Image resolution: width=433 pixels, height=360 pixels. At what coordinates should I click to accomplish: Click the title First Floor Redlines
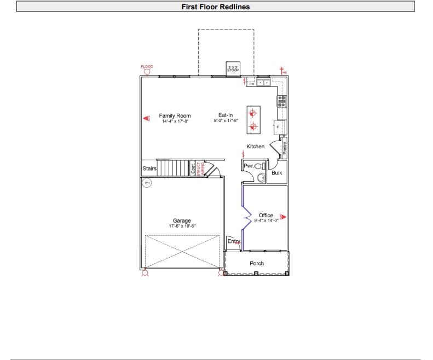(216, 7)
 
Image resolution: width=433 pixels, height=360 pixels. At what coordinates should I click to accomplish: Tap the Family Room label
(175, 115)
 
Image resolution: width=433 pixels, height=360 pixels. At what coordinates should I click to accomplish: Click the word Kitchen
(255, 147)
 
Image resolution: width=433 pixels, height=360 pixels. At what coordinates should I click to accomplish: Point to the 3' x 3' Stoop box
(233, 68)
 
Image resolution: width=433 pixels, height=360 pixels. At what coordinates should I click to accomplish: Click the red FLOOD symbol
(147, 69)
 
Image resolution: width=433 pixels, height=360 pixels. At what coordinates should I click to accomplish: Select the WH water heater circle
(147, 183)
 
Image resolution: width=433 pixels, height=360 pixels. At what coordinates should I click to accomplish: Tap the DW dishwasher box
(251, 84)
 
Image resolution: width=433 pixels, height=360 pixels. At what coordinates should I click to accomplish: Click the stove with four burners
(282, 100)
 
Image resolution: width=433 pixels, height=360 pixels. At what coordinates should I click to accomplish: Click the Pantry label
(285, 148)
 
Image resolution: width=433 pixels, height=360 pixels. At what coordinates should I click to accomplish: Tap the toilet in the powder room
(259, 165)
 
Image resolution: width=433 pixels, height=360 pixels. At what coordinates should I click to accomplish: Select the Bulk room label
(277, 173)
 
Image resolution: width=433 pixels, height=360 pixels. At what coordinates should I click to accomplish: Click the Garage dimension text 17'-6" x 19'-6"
(182, 225)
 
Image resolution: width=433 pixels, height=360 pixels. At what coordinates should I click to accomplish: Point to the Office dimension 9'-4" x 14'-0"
(266, 220)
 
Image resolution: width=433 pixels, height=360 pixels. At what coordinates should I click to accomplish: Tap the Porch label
(257, 263)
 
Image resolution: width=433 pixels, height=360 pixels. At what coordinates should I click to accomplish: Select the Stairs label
(149, 169)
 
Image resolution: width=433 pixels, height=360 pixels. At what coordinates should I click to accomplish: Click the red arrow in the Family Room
(146, 118)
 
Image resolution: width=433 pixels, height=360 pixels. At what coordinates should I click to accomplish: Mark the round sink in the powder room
(261, 177)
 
